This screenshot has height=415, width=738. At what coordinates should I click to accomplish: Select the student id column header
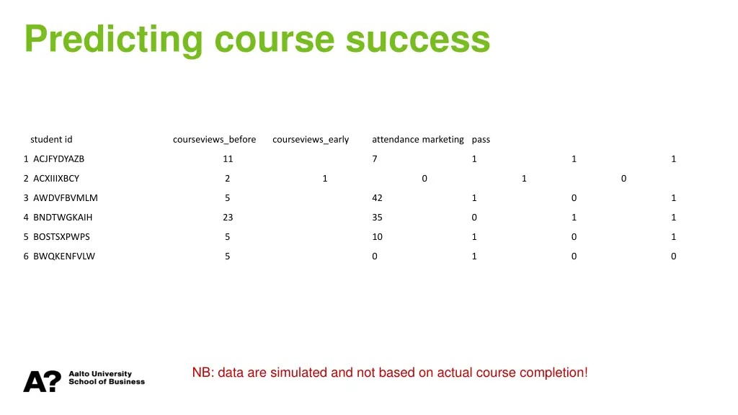tap(51, 139)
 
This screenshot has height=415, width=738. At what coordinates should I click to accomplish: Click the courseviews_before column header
tap(214, 139)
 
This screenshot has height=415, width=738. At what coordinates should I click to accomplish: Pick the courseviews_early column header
tap(311, 139)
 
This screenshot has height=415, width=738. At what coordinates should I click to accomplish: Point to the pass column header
tap(481, 139)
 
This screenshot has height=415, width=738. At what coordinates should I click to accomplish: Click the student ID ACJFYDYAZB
tap(58, 159)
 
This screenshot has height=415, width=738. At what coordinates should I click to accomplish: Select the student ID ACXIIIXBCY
tap(56, 178)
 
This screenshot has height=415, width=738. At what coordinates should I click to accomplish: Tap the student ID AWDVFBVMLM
tap(65, 197)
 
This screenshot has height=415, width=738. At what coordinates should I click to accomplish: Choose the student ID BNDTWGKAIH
tap(63, 217)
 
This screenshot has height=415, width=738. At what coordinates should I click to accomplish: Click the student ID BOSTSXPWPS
tap(61, 236)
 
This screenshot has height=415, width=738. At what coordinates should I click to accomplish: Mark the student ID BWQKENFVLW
tap(63, 256)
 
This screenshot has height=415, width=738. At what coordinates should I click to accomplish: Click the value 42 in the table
tap(377, 197)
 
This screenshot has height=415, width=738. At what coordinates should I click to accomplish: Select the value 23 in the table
tap(228, 217)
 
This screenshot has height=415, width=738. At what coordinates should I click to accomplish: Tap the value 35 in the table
tap(377, 217)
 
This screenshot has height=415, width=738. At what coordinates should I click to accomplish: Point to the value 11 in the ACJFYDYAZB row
tap(228, 159)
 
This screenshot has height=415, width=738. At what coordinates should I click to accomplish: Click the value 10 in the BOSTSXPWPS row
tap(377, 236)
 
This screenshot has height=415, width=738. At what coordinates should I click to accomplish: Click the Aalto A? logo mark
tap(42, 381)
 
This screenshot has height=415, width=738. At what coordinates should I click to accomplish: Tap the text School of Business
tap(107, 382)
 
